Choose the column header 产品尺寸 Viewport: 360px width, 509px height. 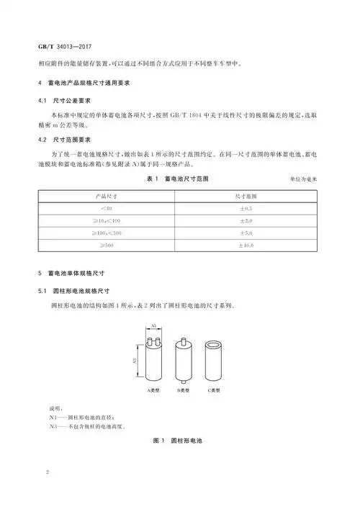click(107, 195)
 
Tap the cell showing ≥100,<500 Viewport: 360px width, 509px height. click(107, 233)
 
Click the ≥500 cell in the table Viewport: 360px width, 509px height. click(107, 246)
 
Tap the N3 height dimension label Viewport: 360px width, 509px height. click(135, 358)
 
